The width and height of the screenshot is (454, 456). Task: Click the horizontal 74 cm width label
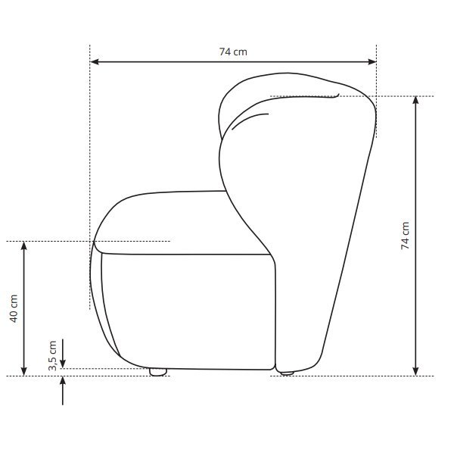pos(233,52)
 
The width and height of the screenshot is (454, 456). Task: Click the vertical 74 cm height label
pos(406,236)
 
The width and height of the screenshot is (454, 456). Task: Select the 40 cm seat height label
pos(14,308)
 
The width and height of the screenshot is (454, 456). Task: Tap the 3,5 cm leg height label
pos(52,355)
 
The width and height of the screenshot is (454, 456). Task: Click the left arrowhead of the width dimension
pos(95,61)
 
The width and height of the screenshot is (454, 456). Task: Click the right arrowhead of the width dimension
pos(372,61)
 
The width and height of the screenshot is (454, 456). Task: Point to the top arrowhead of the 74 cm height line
pos(415,100)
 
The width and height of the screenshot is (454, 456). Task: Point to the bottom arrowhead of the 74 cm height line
pos(415,371)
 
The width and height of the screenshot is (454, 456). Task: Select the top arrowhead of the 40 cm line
pos(24,245)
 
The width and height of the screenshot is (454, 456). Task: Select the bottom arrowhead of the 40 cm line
pos(24,371)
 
